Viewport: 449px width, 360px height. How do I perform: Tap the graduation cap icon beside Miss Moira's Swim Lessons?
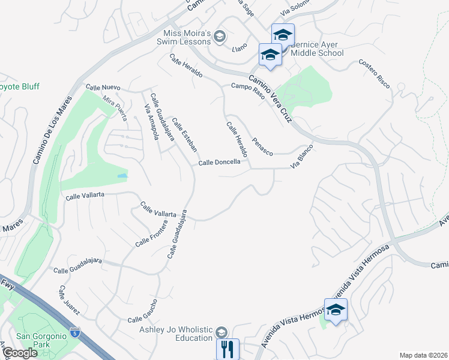click(x=220, y=37)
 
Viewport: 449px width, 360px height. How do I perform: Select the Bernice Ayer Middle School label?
click(x=317, y=48)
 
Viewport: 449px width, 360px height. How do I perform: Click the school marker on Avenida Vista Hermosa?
click(x=336, y=310)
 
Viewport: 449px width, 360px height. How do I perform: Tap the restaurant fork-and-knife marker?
click(x=228, y=349)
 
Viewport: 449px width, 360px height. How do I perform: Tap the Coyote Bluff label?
click(x=19, y=86)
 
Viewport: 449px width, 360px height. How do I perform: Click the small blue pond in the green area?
click(x=122, y=176)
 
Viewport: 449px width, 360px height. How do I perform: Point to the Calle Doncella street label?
click(x=220, y=162)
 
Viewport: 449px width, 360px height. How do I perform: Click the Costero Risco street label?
click(x=375, y=73)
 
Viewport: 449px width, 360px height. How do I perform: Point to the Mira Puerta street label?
click(x=115, y=108)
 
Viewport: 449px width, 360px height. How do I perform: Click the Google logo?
click(x=20, y=353)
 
